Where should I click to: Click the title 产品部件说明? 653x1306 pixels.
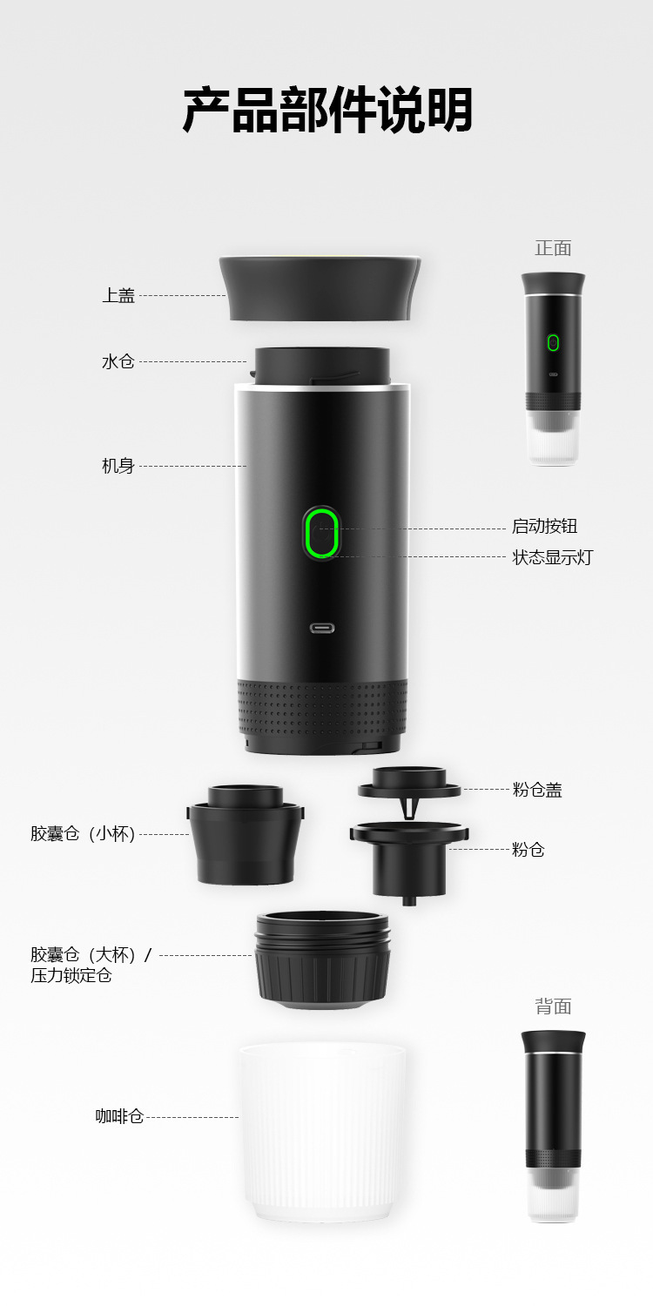pos(327,111)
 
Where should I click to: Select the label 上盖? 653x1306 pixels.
pos(118,296)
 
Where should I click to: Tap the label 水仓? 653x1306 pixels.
pos(118,361)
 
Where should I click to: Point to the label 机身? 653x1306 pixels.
pos(118,466)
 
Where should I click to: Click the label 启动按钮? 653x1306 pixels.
pos(544,526)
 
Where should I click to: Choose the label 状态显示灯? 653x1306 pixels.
pos(552,557)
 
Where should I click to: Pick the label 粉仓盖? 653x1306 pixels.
pos(537,790)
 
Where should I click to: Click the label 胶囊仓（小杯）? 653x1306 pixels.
pos(83,834)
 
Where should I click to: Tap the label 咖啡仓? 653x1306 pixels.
pos(119,1116)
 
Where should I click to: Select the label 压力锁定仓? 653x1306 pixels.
pos(71,976)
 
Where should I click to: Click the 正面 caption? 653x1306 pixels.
pos(553,248)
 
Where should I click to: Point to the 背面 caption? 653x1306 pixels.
pos(553,1006)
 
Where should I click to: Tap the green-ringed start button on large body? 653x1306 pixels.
pos(321,533)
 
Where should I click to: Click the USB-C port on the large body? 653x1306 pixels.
pos(322,628)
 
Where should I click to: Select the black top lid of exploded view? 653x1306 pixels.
pos(320,287)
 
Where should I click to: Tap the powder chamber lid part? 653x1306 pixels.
pos(409,784)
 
